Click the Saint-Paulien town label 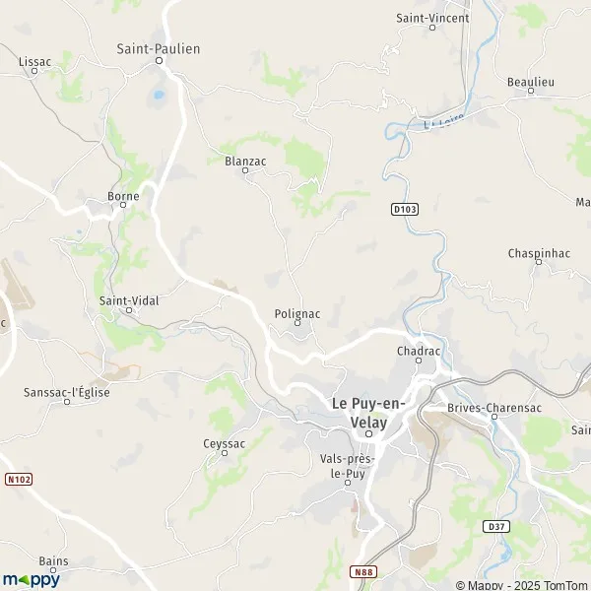pos(158,47)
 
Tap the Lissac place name pos(34,61)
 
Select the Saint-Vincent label pos(430,18)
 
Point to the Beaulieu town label pos(530,81)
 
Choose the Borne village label pos(123,196)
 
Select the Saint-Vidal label pos(129,299)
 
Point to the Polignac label pos(295,313)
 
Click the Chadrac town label pos(418,351)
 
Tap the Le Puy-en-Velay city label pos(368,412)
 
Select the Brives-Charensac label pos(493,406)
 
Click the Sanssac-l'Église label pos(66,392)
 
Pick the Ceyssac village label pos(224,443)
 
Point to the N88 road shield pos(364,569)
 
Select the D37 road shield pos(495,527)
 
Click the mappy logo pos(31,579)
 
